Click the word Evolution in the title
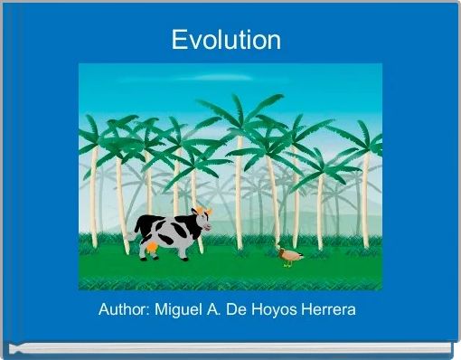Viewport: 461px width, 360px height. click(227, 40)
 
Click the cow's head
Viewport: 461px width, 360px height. click(201, 222)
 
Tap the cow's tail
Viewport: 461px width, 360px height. click(136, 233)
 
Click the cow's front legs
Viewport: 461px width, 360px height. click(186, 251)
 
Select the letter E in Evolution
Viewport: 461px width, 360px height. click(179, 40)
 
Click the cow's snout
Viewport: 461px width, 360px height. click(207, 227)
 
